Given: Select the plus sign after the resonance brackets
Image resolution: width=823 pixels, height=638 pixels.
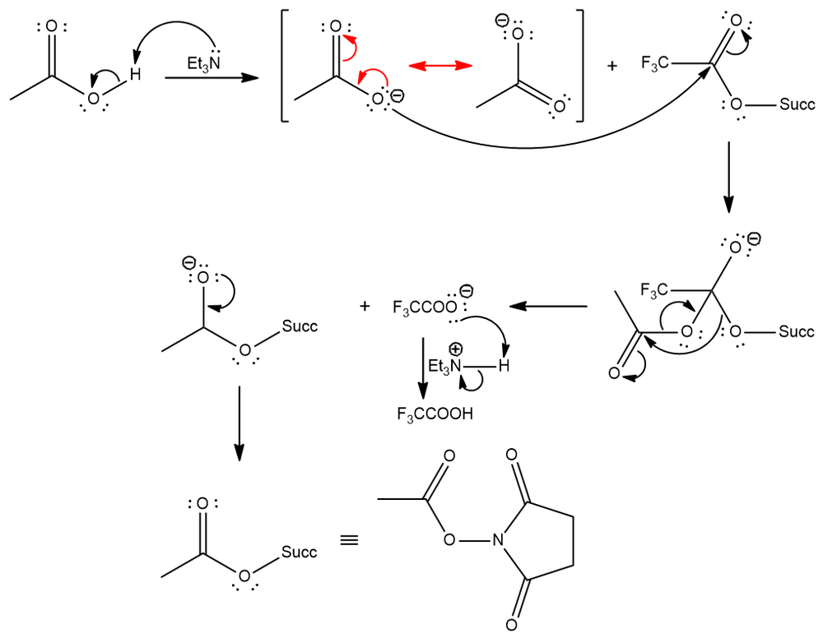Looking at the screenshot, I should (x=611, y=65).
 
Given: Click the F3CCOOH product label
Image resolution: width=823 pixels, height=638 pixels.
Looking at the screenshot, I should (x=435, y=414).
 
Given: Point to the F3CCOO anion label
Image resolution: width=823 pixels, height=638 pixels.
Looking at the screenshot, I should (x=423, y=308).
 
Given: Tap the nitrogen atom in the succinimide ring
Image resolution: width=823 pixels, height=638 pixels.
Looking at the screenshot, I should (x=497, y=541).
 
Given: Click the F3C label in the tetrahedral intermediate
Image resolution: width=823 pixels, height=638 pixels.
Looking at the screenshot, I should (x=654, y=290).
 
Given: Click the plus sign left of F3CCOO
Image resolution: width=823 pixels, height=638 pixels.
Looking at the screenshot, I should (x=365, y=307).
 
